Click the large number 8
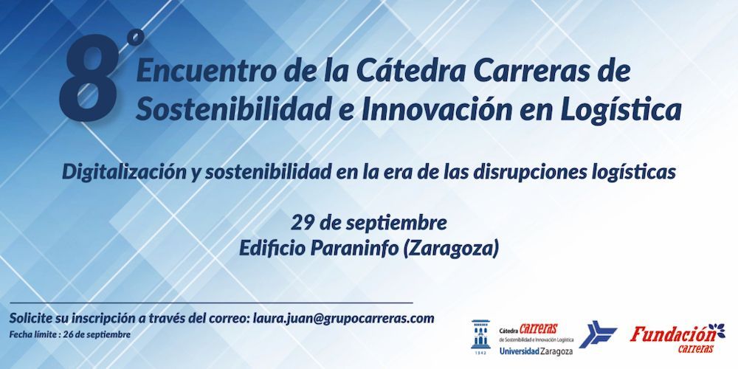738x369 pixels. click(89, 78)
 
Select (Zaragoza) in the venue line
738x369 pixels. click(450, 249)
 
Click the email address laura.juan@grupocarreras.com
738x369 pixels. click(343, 318)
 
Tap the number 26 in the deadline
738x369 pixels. click(72, 334)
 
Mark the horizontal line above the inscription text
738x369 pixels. click(211, 303)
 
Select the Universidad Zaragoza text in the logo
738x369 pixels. click(536, 351)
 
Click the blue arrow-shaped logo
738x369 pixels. click(597, 334)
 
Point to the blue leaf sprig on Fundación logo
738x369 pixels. click(717, 330)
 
